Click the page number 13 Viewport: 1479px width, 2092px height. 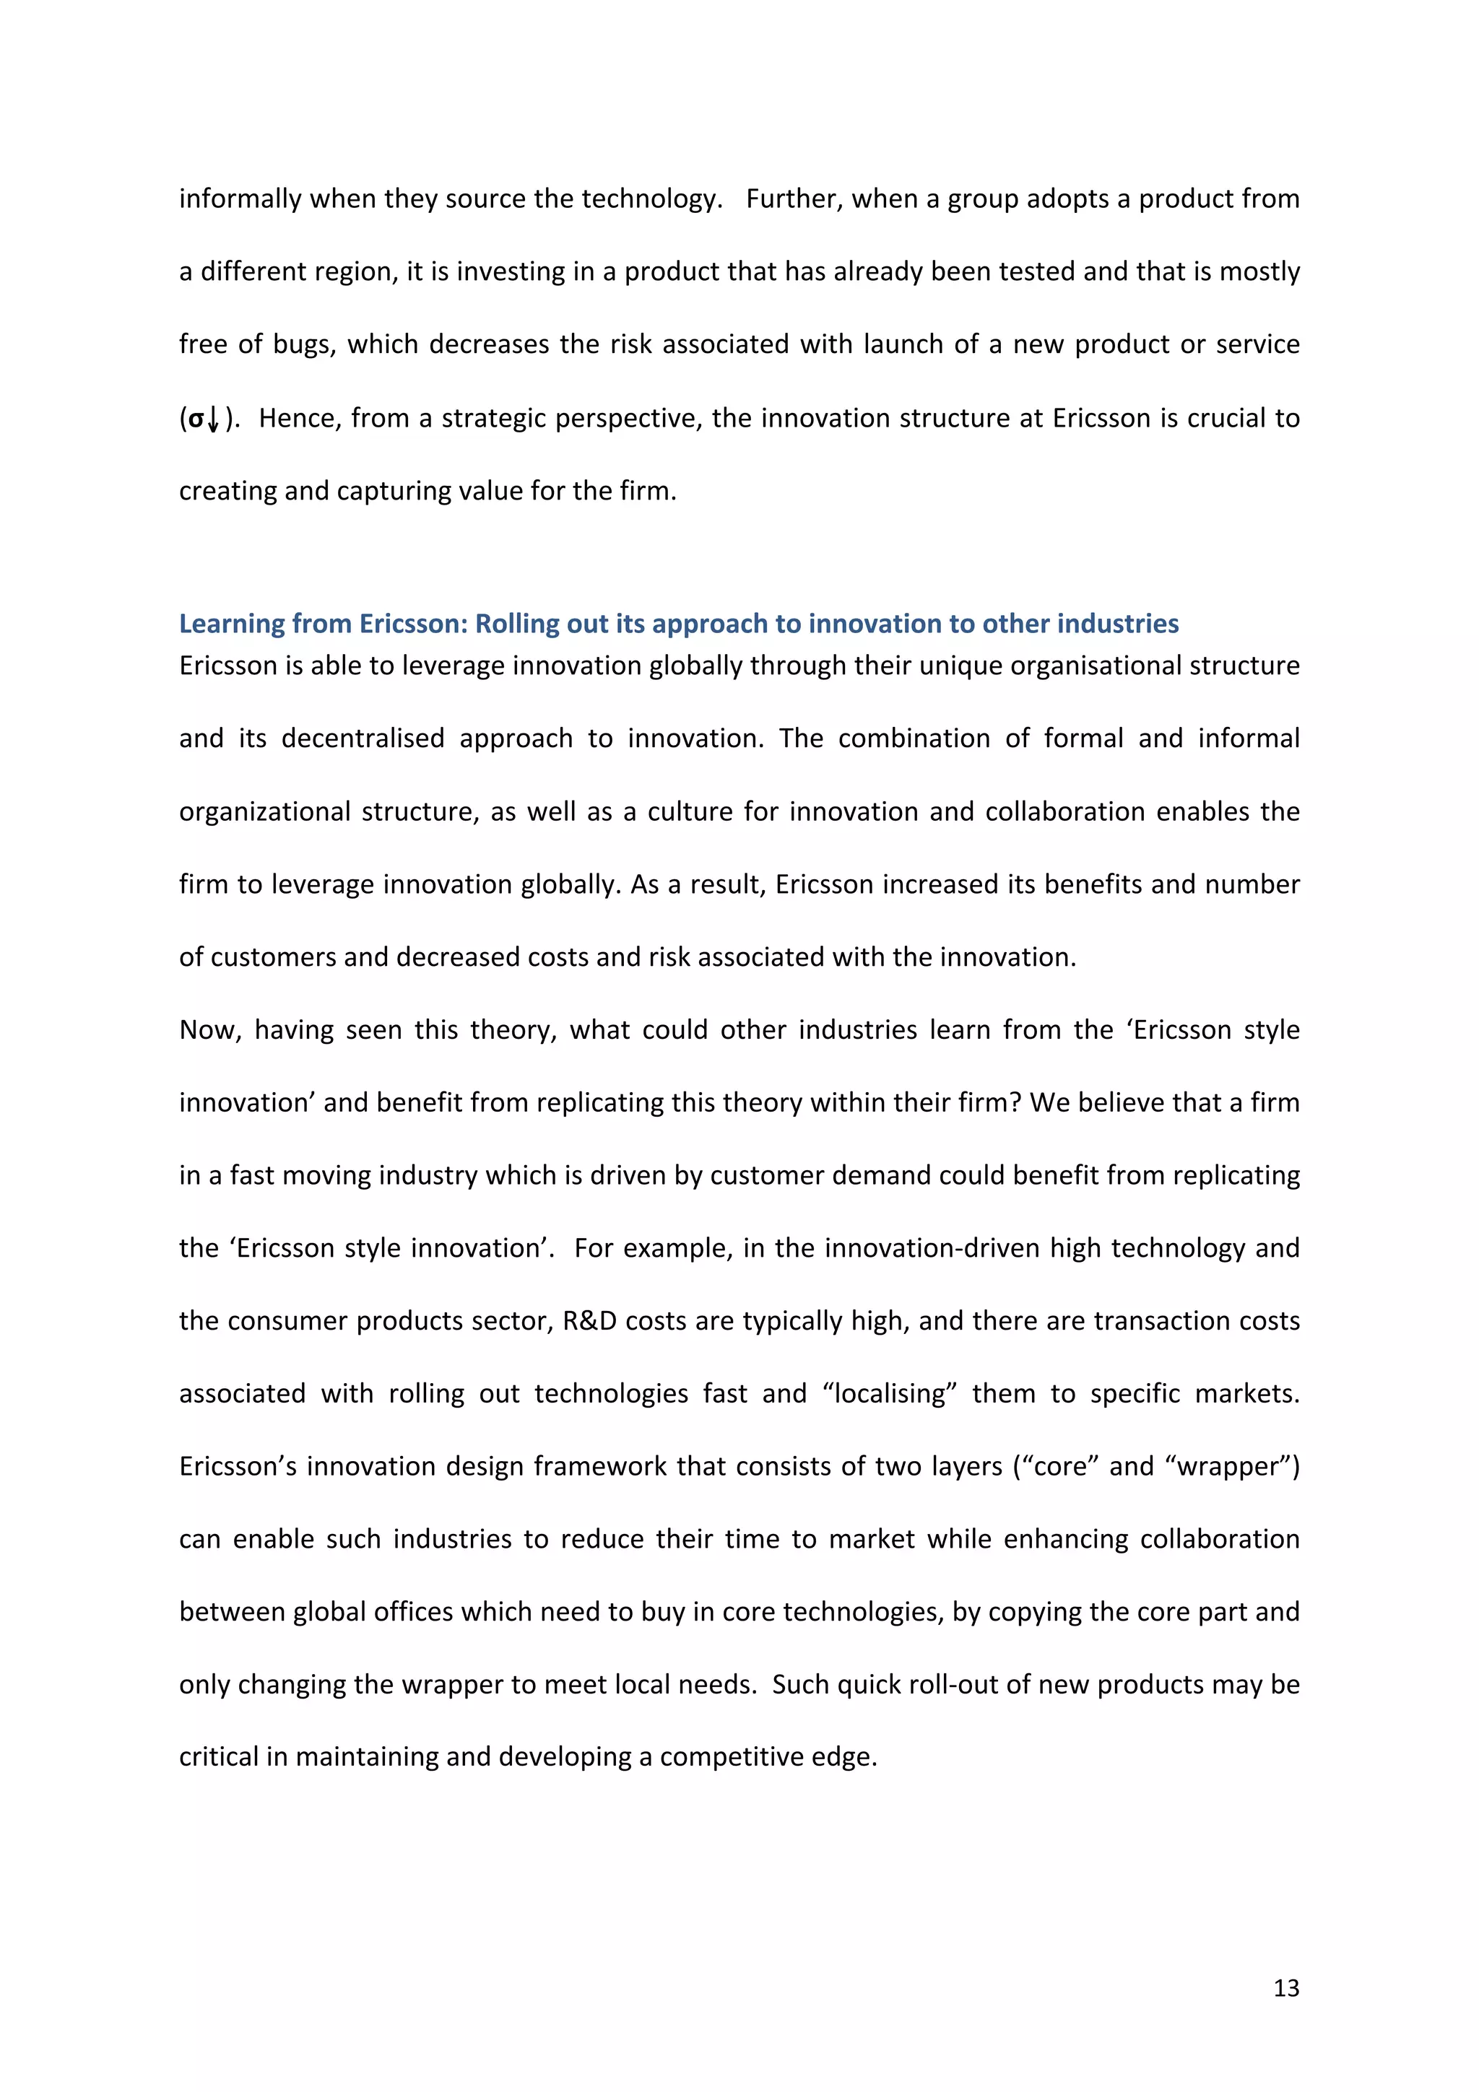[x=1285, y=1987]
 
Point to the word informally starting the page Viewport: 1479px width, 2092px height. [x=239, y=199]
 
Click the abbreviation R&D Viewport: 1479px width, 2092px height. [x=591, y=1320]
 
